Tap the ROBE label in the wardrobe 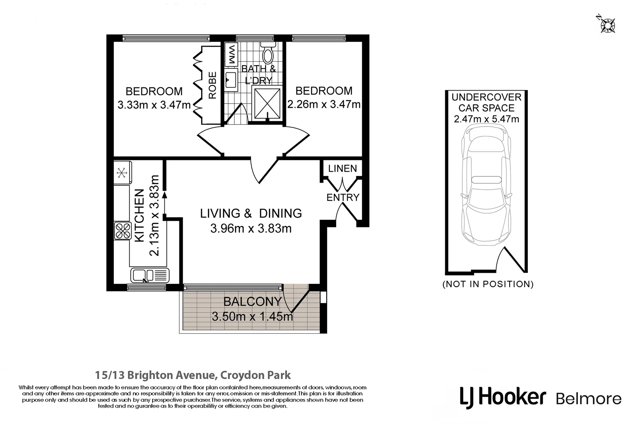tap(213, 85)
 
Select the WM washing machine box tap(231, 55)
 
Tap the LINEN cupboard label tap(343, 168)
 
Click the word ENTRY tap(343, 197)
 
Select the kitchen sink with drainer tap(150, 275)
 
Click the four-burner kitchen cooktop tap(122, 231)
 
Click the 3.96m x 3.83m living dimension tap(251, 229)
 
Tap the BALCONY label tap(252, 302)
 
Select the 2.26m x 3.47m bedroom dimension tap(324, 104)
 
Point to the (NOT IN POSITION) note tap(488, 284)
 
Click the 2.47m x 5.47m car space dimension tap(486, 119)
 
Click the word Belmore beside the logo tap(588, 399)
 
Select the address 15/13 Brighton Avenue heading tap(193, 375)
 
